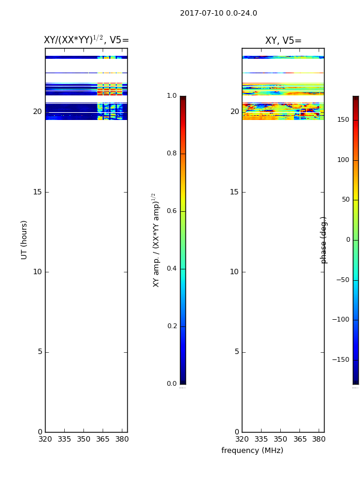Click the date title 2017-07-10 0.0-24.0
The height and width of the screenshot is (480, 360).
218,13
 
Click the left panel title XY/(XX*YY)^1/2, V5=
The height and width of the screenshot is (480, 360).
86,40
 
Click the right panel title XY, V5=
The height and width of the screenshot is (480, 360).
283,40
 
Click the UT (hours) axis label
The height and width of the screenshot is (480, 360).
24,240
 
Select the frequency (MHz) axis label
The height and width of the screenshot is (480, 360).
252,451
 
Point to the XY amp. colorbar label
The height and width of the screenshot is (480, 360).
156,240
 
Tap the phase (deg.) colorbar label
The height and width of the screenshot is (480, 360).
323,240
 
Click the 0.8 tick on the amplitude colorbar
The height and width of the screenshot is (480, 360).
172,153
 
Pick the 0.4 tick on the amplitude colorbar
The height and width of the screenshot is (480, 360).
172,268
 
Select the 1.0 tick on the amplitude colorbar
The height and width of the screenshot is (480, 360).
172,95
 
